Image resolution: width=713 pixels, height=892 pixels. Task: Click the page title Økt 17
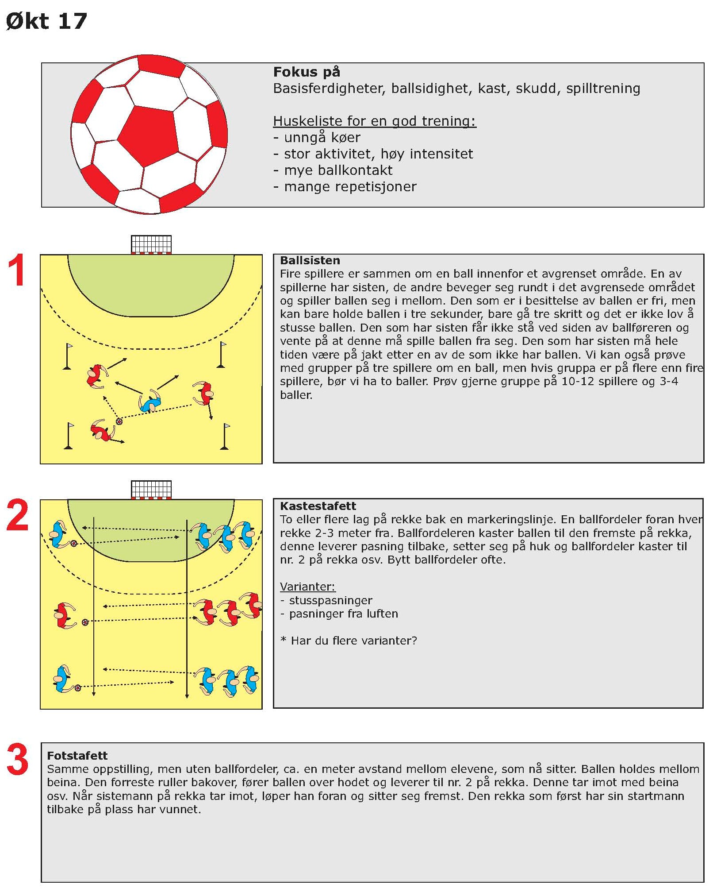point(46,21)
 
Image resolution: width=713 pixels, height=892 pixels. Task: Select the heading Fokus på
point(307,72)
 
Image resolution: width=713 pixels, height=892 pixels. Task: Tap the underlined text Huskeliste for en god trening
point(374,121)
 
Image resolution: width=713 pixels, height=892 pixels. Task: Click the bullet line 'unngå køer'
point(322,138)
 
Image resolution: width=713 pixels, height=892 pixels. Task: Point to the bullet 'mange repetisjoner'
point(350,187)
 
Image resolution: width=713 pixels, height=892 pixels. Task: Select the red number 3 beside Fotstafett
point(18,760)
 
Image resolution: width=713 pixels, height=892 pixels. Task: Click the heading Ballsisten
point(310,260)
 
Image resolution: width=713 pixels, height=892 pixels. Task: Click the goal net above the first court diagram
point(151,244)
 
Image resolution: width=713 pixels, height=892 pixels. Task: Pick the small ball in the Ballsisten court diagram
point(119,421)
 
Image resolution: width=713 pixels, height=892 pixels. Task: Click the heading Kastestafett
point(318,506)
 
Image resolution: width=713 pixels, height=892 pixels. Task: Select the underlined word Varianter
point(307,587)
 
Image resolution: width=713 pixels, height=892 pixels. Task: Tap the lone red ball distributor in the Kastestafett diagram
point(65,615)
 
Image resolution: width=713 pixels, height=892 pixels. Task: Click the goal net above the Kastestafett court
point(151,489)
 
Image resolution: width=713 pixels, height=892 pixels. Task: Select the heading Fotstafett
point(77,756)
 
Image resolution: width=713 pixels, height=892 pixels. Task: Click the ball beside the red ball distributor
point(85,622)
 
